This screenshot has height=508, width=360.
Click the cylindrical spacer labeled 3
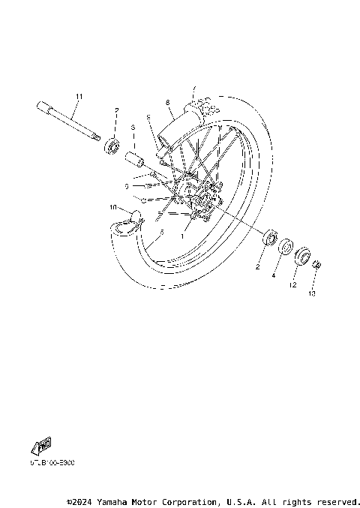point(135,160)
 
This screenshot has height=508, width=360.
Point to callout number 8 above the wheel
point(168,101)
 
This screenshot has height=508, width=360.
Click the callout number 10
point(113,207)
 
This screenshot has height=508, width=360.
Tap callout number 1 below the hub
point(181,235)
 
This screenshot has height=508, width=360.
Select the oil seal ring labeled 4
point(286,248)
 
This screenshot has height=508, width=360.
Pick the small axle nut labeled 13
point(318,264)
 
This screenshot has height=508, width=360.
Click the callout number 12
point(293,285)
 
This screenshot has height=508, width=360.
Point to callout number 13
point(311,293)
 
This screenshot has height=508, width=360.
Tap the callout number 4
point(274,275)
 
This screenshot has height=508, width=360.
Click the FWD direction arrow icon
point(42,446)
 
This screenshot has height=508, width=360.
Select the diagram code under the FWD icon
point(52,462)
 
